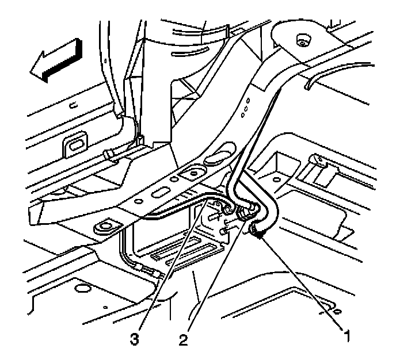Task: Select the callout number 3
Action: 134,340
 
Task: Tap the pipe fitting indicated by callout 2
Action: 246,213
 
